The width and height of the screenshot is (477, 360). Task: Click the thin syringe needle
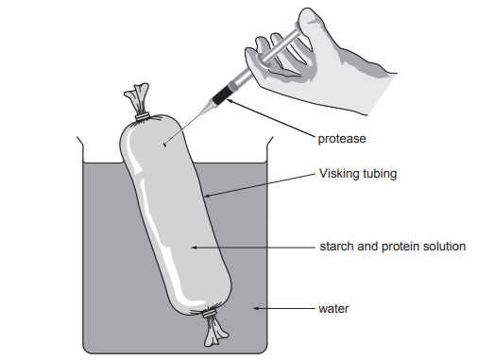(189, 121)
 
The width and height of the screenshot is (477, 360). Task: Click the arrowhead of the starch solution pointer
(192, 247)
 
